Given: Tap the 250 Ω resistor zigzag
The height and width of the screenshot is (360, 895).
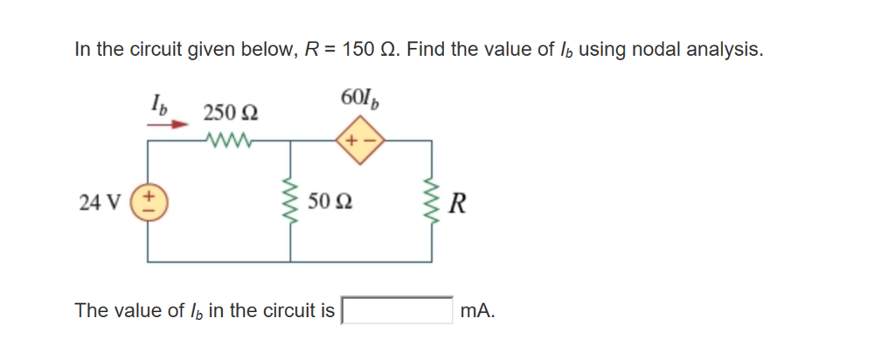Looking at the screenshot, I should click(x=230, y=138).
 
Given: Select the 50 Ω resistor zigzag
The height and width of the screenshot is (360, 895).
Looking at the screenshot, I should click(x=290, y=203).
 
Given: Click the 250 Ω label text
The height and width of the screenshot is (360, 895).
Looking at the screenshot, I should click(x=230, y=113).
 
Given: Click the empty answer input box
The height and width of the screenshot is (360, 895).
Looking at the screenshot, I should click(x=396, y=310).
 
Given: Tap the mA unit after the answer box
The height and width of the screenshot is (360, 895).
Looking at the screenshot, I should click(x=477, y=310).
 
